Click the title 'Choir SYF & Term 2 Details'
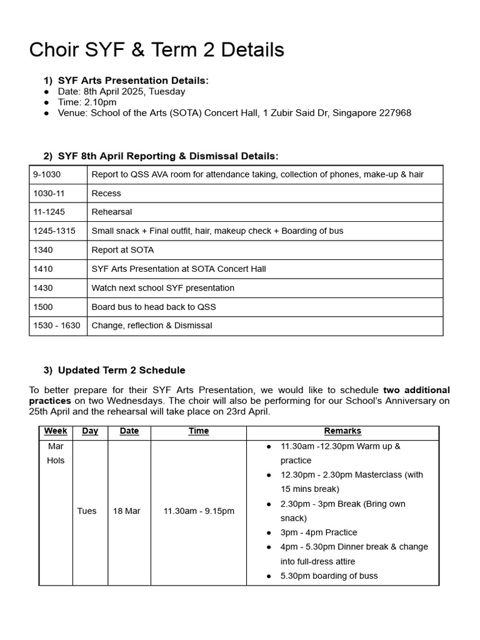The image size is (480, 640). click(156, 49)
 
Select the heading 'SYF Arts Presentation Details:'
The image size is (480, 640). click(133, 81)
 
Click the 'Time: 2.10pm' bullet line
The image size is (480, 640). click(87, 102)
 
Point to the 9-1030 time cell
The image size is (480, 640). click(47, 174)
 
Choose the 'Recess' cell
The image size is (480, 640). click(106, 193)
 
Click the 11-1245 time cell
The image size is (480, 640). click(47, 212)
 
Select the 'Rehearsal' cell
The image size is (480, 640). click(112, 212)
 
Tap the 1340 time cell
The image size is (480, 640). click(43, 250)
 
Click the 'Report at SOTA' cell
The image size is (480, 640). click(122, 250)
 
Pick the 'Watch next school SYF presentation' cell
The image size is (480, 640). click(162, 288)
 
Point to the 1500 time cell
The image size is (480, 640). click(43, 307)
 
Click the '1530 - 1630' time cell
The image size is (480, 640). click(57, 326)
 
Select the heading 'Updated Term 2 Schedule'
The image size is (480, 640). click(121, 370)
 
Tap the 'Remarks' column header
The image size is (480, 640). click(342, 431)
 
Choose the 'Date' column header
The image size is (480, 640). click(129, 431)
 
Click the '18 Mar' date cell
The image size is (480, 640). click(126, 511)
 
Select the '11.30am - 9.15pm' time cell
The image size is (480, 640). click(199, 511)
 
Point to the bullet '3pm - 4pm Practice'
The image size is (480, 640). click(319, 532)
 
